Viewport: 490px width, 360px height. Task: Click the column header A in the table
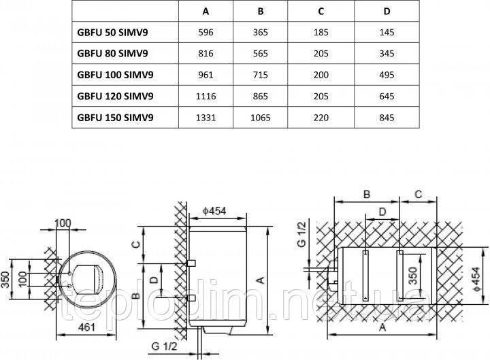coord(206,12)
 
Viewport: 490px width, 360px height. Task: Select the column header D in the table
coord(387,12)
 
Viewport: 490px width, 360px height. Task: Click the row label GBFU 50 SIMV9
coord(112,32)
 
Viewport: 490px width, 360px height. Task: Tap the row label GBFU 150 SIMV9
coord(115,118)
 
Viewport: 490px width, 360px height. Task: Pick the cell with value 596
coord(206,32)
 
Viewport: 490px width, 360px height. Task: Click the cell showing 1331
coord(206,118)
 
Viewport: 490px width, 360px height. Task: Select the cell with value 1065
coord(260,118)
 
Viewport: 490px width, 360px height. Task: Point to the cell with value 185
coord(321,32)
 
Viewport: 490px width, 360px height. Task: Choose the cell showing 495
coord(387,75)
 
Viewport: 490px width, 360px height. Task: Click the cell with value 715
coord(260,75)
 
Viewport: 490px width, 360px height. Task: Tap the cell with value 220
coord(321,118)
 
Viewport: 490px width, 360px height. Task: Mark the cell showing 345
coord(387,54)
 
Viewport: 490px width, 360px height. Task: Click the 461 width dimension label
coord(86,327)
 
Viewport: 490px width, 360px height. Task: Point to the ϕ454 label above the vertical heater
coord(214,211)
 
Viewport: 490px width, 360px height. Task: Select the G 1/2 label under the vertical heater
coord(164,346)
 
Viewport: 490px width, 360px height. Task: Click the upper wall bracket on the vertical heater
coord(191,263)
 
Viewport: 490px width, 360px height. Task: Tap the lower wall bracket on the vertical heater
coord(191,298)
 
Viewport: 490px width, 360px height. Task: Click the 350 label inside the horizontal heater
coord(413,276)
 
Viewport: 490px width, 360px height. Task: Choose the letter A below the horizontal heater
coord(382,327)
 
